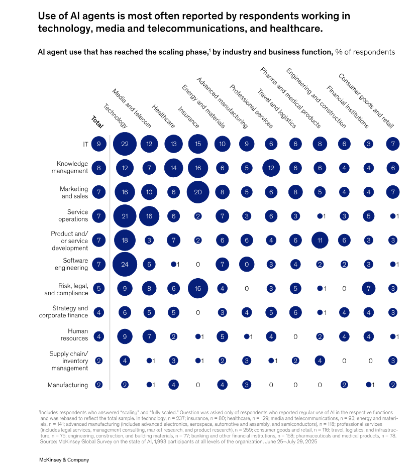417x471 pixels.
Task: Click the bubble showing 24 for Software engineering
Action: [x=125, y=264]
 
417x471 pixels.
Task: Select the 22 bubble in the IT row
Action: [x=125, y=144]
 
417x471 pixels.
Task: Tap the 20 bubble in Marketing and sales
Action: [x=198, y=192]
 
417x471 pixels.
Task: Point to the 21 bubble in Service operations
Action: [x=125, y=216]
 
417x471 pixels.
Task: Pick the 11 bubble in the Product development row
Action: [x=320, y=241]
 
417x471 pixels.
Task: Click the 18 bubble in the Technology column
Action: [x=125, y=241]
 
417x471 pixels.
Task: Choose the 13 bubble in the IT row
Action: [x=173, y=144]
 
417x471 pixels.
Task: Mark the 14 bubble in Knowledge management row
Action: [x=173, y=168]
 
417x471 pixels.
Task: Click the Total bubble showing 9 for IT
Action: [x=99, y=144]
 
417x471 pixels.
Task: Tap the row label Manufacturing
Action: [x=68, y=385]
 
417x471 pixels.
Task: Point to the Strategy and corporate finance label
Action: [x=64, y=312]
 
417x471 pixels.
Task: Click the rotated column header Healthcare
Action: [x=163, y=116]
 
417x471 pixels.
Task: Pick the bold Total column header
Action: [x=97, y=122]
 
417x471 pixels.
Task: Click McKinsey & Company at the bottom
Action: [x=64, y=459]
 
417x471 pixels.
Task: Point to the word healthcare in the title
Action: [x=296, y=29]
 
